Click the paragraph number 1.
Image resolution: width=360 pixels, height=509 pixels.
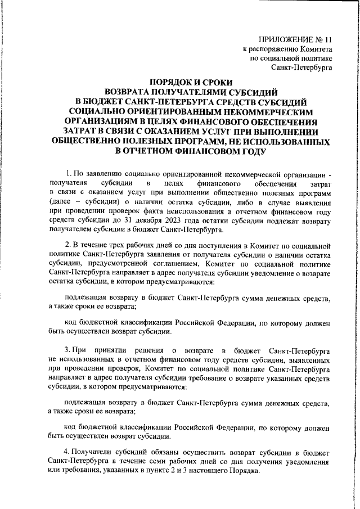pyautogui.click(x=68, y=172)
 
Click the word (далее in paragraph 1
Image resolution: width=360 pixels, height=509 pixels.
pyautogui.click(x=61, y=201)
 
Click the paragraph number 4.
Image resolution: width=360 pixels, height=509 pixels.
pyautogui.click(x=68, y=452)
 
